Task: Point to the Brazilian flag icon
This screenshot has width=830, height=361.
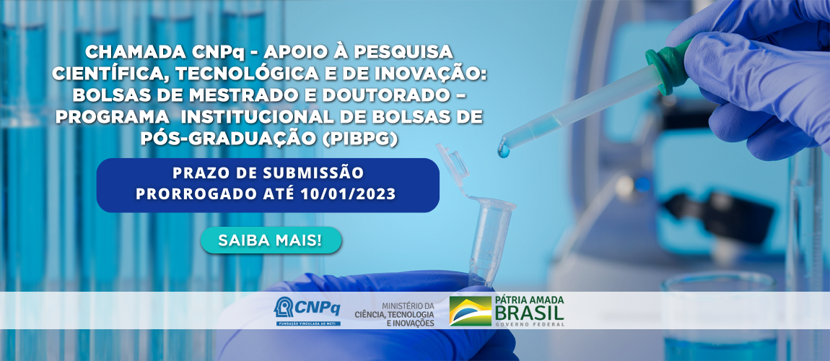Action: point(471,311)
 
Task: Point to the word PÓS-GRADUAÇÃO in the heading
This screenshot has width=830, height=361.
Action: point(230,139)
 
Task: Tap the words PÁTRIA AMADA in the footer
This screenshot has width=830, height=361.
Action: point(530,300)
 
